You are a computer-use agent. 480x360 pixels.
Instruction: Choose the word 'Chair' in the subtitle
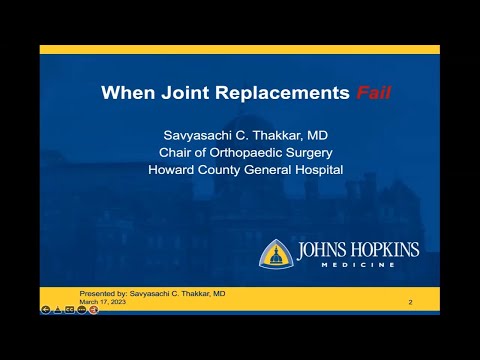point(178,152)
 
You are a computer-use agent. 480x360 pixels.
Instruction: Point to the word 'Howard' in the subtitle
point(171,169)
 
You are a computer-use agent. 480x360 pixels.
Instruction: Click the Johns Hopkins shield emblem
point(276,253)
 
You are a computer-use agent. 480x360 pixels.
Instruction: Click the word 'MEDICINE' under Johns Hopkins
point(356,266)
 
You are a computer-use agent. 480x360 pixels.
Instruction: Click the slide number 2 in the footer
point(410,301)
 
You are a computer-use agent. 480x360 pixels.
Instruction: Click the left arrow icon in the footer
point(46,310)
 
